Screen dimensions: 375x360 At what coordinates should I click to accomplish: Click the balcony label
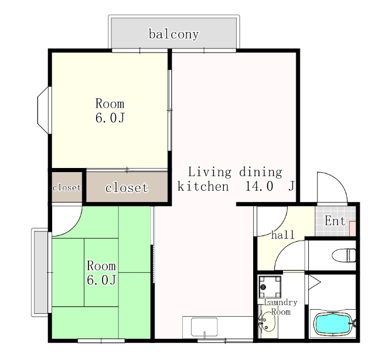pos(173,35)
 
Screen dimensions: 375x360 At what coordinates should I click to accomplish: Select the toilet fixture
pos(344,255)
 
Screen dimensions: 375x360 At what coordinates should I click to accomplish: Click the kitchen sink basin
pos(204,327)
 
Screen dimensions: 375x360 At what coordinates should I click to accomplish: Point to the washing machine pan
pos(270,287)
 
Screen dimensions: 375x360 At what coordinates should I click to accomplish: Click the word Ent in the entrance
pos(335,221)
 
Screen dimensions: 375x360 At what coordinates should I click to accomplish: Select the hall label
pos(282,235)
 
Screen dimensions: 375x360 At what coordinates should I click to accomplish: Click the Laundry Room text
pos(281,307)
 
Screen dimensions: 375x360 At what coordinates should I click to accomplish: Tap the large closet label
pos(127,187)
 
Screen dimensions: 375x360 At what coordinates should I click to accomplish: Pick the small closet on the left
pos(67,187)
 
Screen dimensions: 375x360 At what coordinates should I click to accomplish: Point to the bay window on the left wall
pos(45,110)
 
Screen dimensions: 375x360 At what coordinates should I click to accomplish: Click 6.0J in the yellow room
pos(110,118)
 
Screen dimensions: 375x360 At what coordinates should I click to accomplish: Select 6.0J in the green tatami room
pos(101,280)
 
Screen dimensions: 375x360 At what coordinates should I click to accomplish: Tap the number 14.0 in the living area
pos(259,186)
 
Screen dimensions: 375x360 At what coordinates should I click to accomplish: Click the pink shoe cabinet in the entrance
pos(353,229)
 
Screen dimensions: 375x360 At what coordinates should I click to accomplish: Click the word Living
pos(210,172)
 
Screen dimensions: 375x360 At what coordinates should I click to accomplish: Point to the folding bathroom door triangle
pos(314,282)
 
